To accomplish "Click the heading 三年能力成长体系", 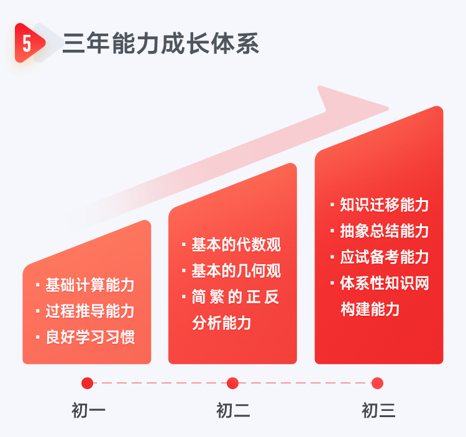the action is [161, 44].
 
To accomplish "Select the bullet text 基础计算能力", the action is [89, 285].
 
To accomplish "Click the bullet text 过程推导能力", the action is [89, 311].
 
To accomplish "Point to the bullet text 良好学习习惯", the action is [90, 337].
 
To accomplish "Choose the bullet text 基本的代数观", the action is [236, 245].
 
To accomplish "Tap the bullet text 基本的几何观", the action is [236, 271].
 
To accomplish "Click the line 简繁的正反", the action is [235, 297].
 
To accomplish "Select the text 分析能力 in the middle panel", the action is [221, 323].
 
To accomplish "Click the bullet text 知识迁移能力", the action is [384, 205].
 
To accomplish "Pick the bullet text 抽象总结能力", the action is [384, 231].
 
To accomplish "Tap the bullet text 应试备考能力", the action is [384, 257].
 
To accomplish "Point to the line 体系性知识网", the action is [384, 283].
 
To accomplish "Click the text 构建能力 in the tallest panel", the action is [370, 309].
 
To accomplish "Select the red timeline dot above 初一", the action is [87, 383].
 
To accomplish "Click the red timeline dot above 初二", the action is [232, 383].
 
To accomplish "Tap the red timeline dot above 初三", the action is [377, 383].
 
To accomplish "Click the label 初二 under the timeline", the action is [233, 410].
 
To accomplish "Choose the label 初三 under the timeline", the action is [378, 410].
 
